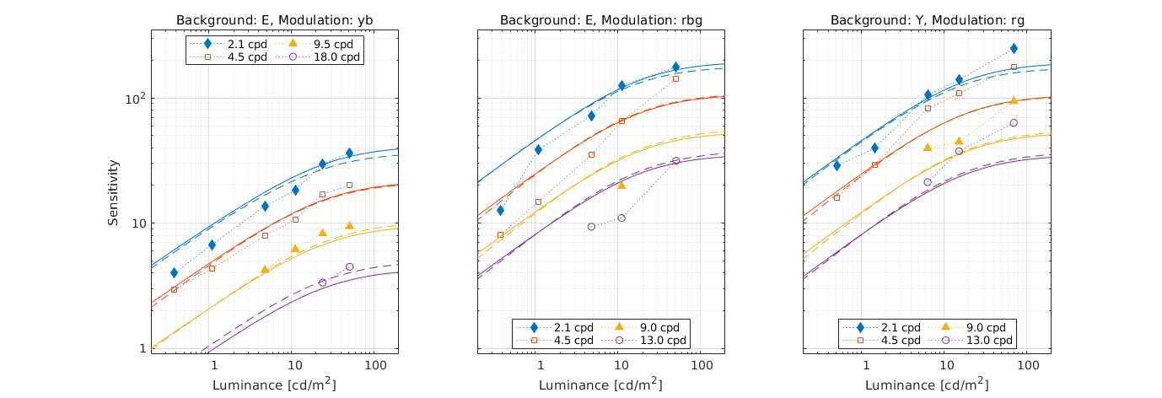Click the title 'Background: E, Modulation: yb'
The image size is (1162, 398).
tap(274, 19)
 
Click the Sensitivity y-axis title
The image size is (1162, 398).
tap(114, 192)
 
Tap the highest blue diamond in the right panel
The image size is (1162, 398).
tap(1014, 49)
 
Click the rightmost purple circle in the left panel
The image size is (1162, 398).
tap(349, 267)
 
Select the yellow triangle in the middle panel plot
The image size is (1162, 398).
tap(621, 185)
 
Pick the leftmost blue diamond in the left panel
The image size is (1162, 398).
tap(174, 272)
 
